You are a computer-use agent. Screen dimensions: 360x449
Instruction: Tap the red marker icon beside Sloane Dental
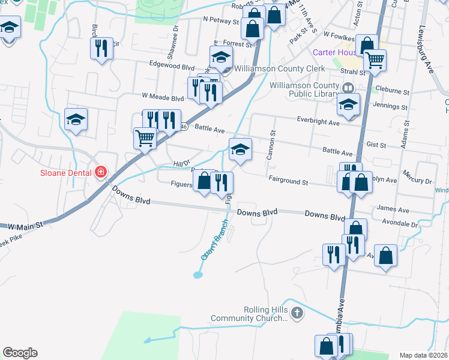pos(101,173)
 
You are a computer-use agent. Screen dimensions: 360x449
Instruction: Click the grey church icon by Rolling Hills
pos(297,313)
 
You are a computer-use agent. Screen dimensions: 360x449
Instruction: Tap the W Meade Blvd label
pos(163,97)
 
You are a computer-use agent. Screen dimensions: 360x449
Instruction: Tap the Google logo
pos(20,353)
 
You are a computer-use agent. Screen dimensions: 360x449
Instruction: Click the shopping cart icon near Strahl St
pos(375,60)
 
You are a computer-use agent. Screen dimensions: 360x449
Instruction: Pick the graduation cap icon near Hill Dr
pos(240,149)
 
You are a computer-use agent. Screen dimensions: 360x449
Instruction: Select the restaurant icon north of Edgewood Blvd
pos(101,47)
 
